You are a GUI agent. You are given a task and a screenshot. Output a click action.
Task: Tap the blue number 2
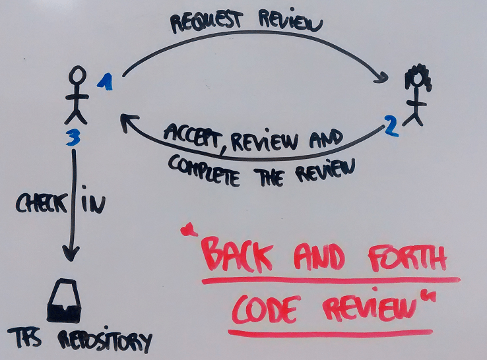392,126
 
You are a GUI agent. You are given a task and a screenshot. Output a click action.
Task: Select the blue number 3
74,138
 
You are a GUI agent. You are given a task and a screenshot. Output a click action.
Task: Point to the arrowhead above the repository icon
71,253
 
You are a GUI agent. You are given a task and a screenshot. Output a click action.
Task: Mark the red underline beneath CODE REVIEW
330,331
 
